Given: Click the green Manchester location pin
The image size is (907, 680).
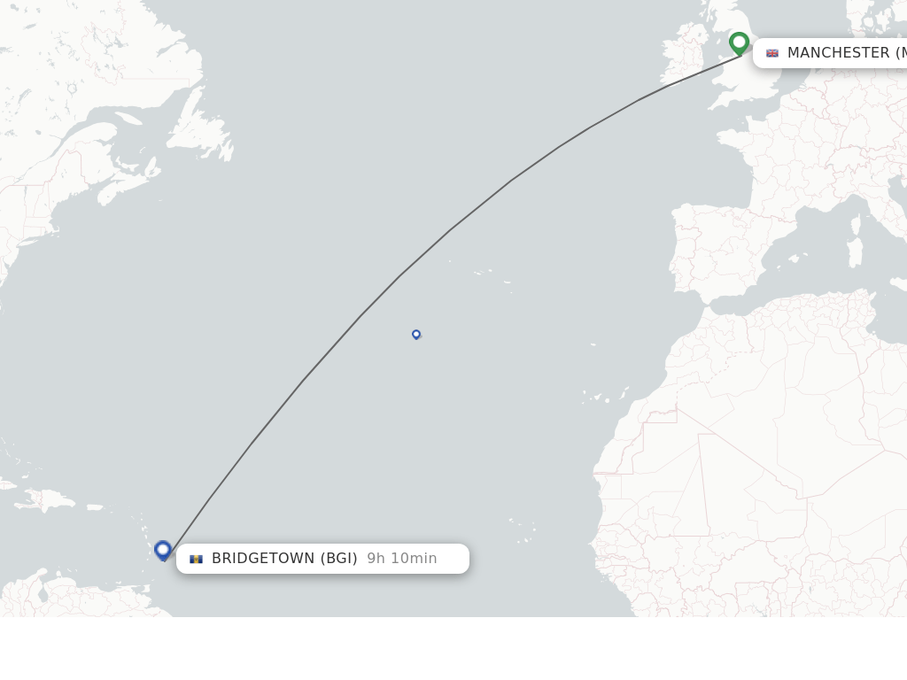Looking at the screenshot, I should coord(739,42).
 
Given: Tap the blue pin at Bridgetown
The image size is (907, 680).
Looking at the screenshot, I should coord(163,550).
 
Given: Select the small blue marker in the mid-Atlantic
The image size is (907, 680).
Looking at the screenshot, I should coord(416,334).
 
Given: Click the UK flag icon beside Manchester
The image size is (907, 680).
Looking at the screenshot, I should coord(772,53).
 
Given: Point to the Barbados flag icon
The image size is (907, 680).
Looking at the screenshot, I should coord(197,559).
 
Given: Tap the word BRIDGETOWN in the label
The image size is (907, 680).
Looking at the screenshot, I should coord(263,559).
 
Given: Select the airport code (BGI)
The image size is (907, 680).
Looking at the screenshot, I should coord(338,559).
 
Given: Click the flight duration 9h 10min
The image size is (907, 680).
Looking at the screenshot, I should coord(402,559).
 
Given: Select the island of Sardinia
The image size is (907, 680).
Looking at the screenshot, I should coord(855,251).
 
